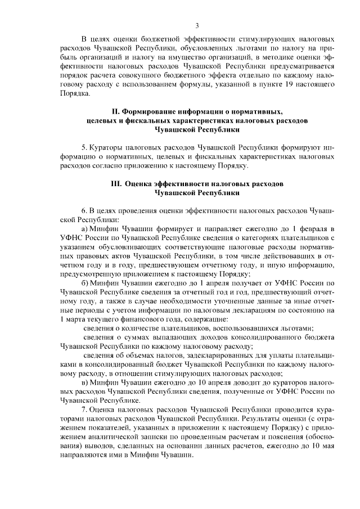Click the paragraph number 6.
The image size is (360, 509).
pos(84,211)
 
